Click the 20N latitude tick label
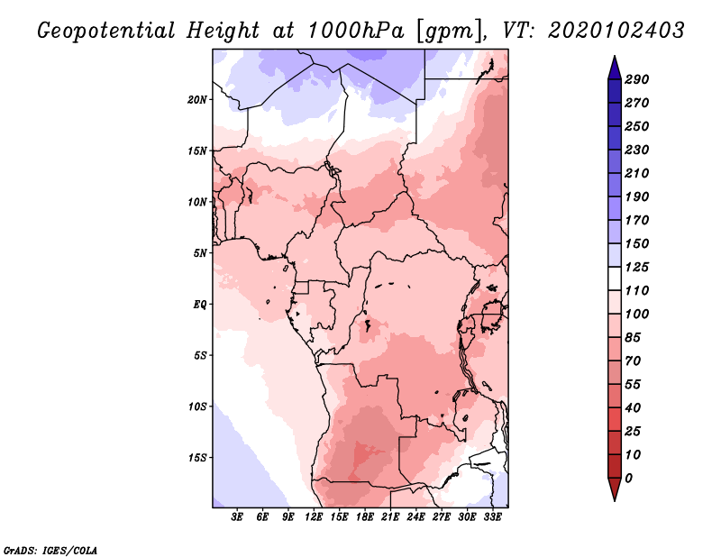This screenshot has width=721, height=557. (197, 99)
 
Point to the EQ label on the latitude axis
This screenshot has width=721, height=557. (200, 304)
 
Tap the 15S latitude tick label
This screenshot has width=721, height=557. (197, 457)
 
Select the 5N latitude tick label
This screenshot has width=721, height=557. (200, 252)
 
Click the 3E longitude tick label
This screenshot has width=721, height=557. (238, 517)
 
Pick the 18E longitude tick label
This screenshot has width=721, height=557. (365, 517)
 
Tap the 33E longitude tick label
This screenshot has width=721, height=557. (492, 517)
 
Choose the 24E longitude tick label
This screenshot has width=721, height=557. (415, 517)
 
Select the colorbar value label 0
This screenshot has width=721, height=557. (629, 478)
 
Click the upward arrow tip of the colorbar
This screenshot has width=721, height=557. (613, 59)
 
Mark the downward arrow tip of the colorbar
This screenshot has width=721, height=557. (613, 498)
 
